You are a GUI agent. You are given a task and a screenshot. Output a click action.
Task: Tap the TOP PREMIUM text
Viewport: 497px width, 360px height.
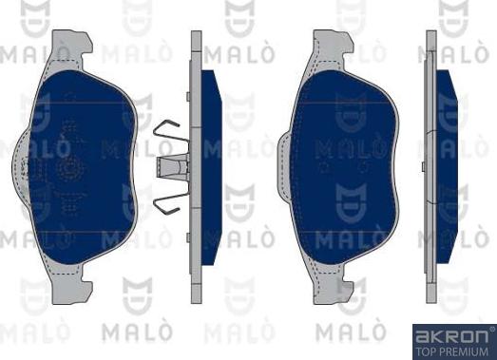click(x=453, y=350)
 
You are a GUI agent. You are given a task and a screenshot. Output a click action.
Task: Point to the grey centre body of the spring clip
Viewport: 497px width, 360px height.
click(x=174, y=166)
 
